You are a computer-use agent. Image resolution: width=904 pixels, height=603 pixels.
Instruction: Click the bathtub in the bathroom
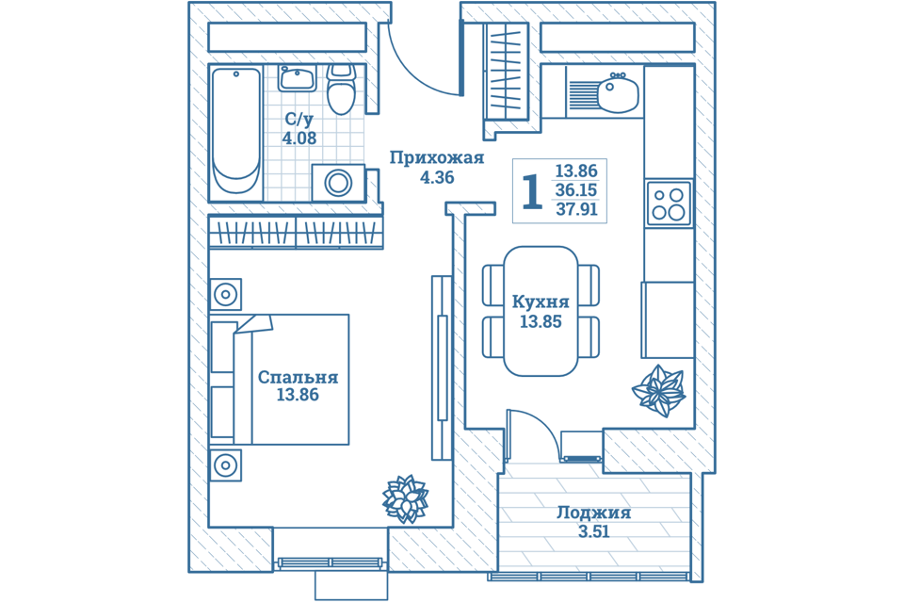[x=235, y=132]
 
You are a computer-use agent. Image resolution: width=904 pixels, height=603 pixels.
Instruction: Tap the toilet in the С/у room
[x=340, y=90]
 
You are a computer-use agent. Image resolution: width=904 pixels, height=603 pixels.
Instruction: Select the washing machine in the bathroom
[x=337, y=183]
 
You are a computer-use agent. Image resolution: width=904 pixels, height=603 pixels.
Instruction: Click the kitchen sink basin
[x=618, y=94]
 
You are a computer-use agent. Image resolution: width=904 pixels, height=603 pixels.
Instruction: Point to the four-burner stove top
[x=669, y=204]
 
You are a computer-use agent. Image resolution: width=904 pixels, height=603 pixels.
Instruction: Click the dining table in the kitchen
[x=541, y=311]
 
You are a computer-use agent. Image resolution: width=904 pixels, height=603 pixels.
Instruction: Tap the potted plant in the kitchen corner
[x=659, y=390]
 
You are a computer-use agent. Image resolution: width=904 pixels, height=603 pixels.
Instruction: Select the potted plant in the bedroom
[x=406, y=498]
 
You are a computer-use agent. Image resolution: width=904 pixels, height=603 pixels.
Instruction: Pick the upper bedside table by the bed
[x=225, y=295]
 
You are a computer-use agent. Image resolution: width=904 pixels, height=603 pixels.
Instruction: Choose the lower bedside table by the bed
[x=225, y=465]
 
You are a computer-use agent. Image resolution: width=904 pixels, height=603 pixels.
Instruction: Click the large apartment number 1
[x=532, y=192]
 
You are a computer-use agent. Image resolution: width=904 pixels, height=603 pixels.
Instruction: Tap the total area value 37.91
[x=576, y=209]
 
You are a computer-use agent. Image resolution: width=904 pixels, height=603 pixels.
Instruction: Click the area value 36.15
[x=576, y=190]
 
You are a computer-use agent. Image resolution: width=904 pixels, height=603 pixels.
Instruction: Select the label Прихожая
[x=436, y=157]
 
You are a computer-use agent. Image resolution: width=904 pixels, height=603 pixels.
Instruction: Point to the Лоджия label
[x=593, y=513]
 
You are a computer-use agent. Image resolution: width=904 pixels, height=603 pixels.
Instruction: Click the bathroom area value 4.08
[x=299, y=139]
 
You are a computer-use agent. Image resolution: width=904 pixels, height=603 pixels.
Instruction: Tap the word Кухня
[x=541, y=302]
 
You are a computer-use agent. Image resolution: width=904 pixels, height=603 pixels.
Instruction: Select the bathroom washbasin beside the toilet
[x=298, y=78]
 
